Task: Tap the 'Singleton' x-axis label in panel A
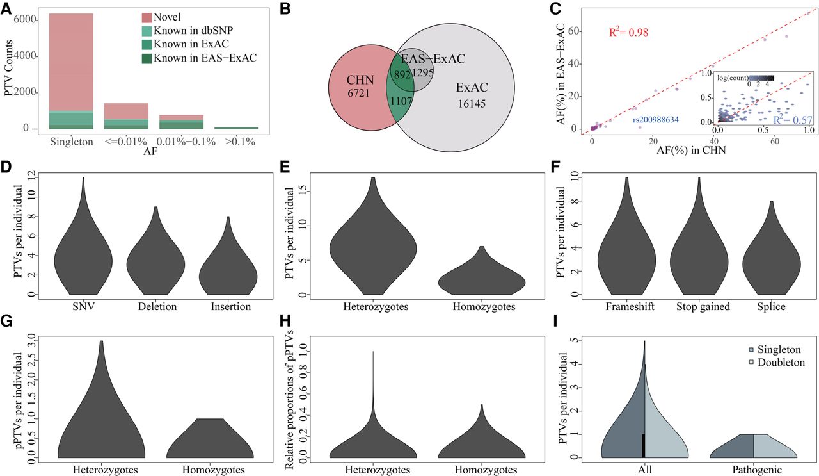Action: click(70, 141)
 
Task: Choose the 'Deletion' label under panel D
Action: click(156, 306)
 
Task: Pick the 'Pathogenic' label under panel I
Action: click(755, 470)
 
